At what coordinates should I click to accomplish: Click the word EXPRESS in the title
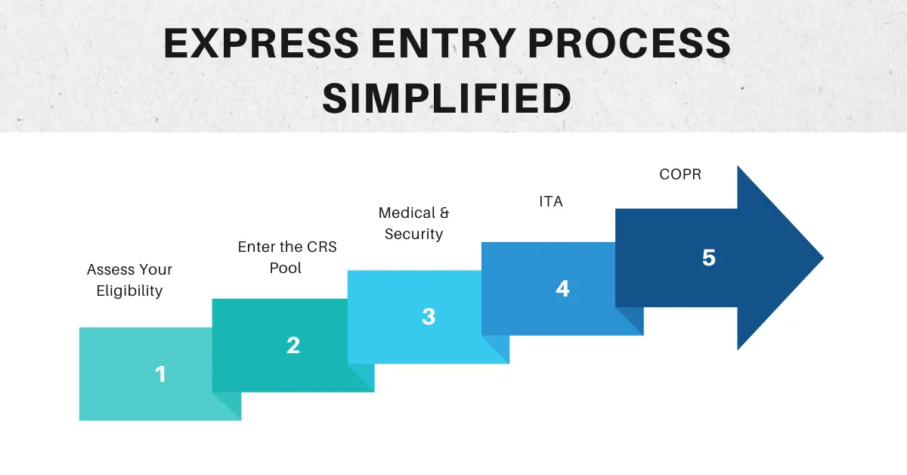(262, 43)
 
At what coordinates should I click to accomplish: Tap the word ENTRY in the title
(444, 43)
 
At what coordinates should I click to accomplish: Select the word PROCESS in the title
(629, 43)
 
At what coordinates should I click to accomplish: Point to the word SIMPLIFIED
(447, 98)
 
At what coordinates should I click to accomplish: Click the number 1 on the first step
(161, 374)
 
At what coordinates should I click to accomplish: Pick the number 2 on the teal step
(293, 346)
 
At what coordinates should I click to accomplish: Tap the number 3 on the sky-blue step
(429, 316)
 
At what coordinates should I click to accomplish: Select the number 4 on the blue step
(562, 289)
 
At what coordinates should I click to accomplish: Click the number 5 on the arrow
(709, 258)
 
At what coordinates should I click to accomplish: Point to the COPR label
(680, 174)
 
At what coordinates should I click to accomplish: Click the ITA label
(551, 201)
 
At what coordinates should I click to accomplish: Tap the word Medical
(407, 213)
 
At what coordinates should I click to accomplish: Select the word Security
(414, 234)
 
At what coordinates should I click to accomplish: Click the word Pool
(286, 268)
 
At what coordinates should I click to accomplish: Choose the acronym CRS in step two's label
(322, 247)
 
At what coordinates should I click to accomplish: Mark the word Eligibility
(129, 291)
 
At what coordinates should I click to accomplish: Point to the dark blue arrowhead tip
(823, 257)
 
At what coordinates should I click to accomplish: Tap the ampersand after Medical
(444, 213)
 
